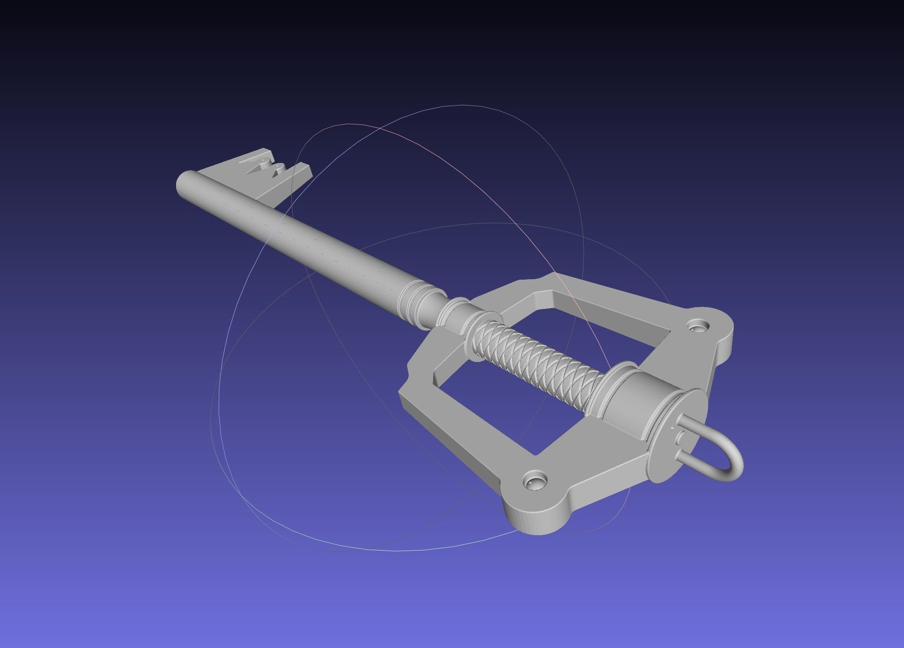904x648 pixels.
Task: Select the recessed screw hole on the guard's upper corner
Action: click(697, 327)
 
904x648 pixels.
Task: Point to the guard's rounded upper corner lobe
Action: click(714, 333)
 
